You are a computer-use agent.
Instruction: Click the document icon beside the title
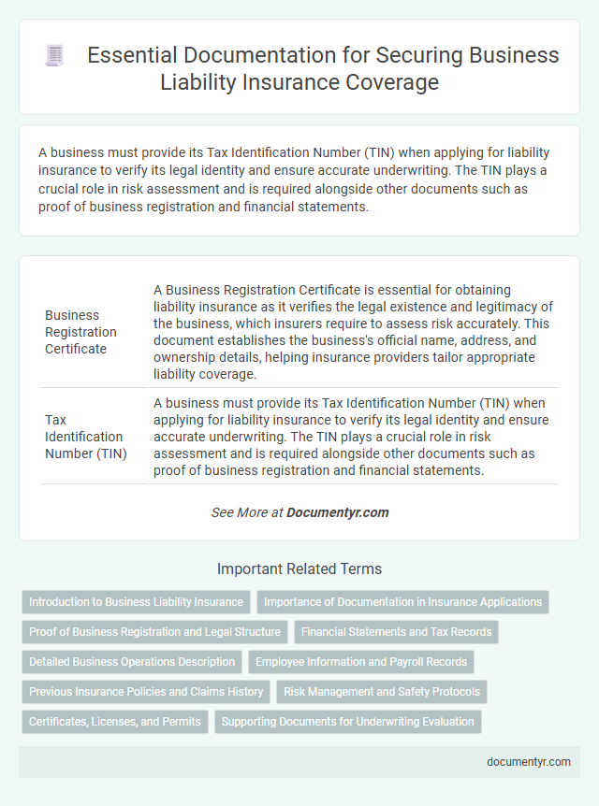(x=54, y=55)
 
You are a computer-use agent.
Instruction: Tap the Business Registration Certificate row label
(x=81, y=332)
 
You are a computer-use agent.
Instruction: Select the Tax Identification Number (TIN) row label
(x=83, y=437)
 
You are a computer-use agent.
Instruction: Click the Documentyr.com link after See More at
(x=338, y=512)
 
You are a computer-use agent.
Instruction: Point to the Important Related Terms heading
(x=299, y=569)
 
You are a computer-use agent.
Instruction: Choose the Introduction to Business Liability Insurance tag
(x=136, y=602)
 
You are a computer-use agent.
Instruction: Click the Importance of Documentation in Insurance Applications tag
(x=402, y=602)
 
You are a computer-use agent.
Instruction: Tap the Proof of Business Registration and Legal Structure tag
(x=154, y=632)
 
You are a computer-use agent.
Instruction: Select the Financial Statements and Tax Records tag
(x=396, y=632)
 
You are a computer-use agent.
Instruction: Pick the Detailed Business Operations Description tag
(x=132, y=662)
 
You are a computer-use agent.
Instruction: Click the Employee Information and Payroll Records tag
(x=361, y=662)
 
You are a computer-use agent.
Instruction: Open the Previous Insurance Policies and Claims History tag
(x=146, y=692)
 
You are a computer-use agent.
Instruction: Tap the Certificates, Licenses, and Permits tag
(x=114, y=722)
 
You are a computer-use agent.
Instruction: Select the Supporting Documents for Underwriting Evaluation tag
(x=348, y=722)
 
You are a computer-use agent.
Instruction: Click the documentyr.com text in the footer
(x=529, y=762)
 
